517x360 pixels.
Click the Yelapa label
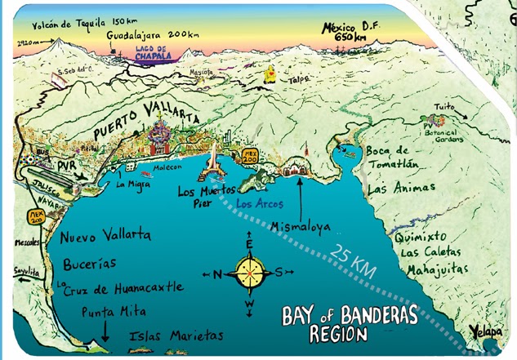(x=485, y=332)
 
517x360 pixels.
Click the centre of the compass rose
(x=250, y=272)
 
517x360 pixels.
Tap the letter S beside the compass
(x=279, y=272)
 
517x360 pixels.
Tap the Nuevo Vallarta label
(x=105, y=235)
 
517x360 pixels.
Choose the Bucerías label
(x=89, y=264)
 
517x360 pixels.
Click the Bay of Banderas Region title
(x=349, y=322)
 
